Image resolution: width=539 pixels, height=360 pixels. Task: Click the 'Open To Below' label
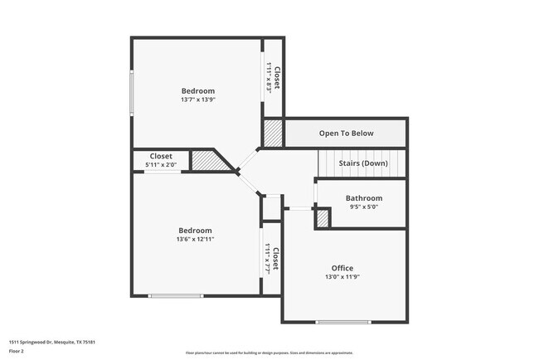click(x=347, y=134)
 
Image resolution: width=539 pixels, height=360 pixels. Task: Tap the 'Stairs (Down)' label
click(x=363, y=163)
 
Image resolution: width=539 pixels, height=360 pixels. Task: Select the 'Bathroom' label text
click(x=364, y=198)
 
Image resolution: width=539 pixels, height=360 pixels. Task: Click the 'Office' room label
click(x=342, y=268)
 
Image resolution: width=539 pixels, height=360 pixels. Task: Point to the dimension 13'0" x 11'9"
click(x=342, y=278)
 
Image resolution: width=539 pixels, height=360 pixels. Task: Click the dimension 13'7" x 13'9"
click(x=198, y=100)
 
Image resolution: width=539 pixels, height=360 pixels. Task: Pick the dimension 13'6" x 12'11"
click(x=195, y=240)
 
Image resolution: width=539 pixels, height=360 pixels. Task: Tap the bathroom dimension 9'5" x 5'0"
click(x=364, y=208)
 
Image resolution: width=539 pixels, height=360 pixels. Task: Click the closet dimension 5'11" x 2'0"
click(x=161, y=165)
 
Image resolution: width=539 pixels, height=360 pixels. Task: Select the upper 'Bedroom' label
click(x=198, y=90)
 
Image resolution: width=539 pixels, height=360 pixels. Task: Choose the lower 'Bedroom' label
click(x=195, y=230)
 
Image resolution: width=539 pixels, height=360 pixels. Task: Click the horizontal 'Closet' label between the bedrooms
click(x=161, y=156)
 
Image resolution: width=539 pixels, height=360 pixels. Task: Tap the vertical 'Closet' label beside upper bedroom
click(x=277, y=77)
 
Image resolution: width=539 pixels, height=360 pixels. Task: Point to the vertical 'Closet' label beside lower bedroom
click(x=275, y=259)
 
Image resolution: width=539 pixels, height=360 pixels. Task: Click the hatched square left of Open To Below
click(x=274, y=134)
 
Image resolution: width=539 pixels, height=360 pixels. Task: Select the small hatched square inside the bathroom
click(x=323, y=218)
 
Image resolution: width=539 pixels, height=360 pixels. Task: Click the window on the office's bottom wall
click(x=342, y=322)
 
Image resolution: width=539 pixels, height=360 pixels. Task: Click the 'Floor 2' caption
click(x=17, y=351)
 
